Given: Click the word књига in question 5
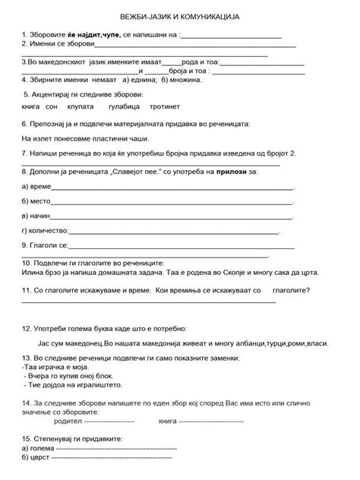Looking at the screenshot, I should click(x=33, y=108).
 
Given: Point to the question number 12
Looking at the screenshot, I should click(x=27, y=330).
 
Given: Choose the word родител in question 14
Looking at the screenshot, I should click(x=67, y=420).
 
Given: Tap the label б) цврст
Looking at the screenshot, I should click(x=35, y=459).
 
